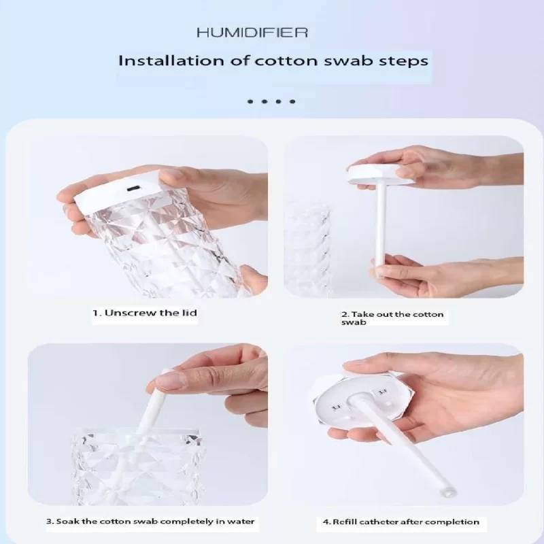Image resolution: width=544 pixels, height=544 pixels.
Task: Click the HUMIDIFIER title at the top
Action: (x=252, y=33)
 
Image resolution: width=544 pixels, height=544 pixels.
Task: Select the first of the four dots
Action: (x=250, y=101)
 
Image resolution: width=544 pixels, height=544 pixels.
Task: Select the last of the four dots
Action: (x=292, y=101)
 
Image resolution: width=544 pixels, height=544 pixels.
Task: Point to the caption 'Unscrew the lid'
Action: (x=145, y=313)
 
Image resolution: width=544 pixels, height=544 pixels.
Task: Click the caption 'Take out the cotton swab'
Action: (x=392, y=318)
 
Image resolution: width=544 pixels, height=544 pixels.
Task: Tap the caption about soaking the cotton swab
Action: (x=150, y=522)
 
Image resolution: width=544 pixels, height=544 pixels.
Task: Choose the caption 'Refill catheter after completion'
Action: (x=401, y=522)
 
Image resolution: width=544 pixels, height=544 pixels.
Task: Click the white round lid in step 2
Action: (x=381, y=174)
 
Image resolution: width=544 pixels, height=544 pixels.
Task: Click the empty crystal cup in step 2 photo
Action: (x=307, y=250)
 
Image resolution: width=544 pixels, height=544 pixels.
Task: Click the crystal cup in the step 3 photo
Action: (x=137, y=466)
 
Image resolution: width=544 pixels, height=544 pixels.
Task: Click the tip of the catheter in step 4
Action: (x=449, y=492)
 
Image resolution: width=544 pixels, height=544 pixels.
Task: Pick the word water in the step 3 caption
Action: (x=241, y=522)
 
